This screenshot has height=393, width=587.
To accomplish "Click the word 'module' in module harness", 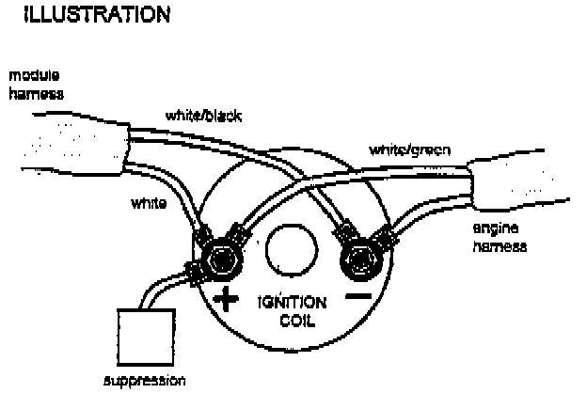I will [x=27, y=73].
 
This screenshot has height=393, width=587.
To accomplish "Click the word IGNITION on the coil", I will [x=292, y=305].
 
